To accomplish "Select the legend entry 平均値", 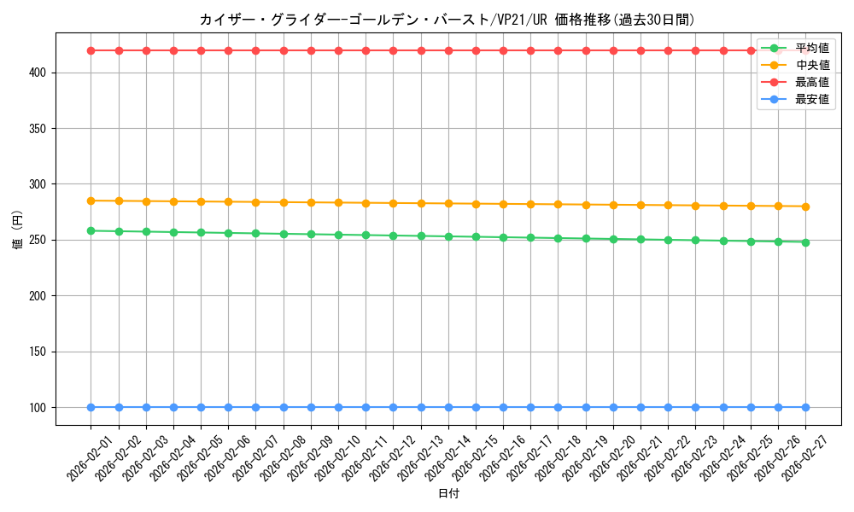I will coord(811,48).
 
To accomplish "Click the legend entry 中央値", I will coord(811,65).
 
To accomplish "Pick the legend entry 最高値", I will coord(811,83).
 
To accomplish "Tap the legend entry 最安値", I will coord(811,100).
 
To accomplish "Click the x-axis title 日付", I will coord(448,494).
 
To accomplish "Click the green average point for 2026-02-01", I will coord(91,230).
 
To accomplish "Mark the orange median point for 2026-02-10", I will coord(338,202).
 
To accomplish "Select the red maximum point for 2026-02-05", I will coord(201,50).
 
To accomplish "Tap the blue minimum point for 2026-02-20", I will coord(613,407).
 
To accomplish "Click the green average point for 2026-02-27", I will coord(805,241).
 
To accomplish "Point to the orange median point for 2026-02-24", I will coord(723,206).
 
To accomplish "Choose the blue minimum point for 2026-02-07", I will coord(256,407).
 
